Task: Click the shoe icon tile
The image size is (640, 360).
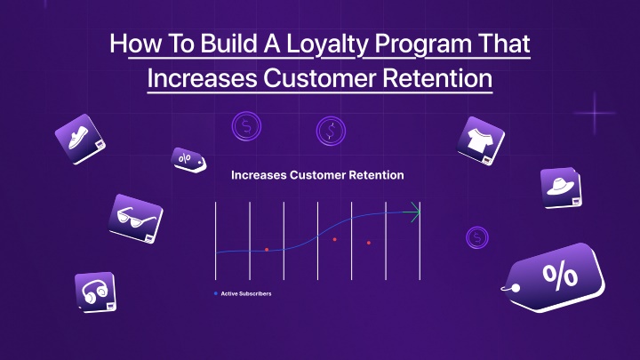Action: point(80,140)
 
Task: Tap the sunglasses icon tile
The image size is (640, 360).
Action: point(136,219)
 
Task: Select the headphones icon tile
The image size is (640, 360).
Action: point(95,292)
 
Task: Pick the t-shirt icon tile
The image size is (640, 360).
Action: point(480,140)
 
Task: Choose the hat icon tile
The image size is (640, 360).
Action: point(561,188)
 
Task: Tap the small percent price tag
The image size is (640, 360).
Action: point(188,160)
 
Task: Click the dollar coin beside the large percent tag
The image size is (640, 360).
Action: point(477,237)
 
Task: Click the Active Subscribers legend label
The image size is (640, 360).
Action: point(246,293)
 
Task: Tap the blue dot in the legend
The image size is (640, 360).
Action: point(216,293)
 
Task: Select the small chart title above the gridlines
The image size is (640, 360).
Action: point(317,175)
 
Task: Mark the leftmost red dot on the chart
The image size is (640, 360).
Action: point(267,250)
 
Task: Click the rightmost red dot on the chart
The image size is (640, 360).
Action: point(369,243)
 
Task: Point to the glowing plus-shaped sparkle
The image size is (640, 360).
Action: point(595,113)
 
